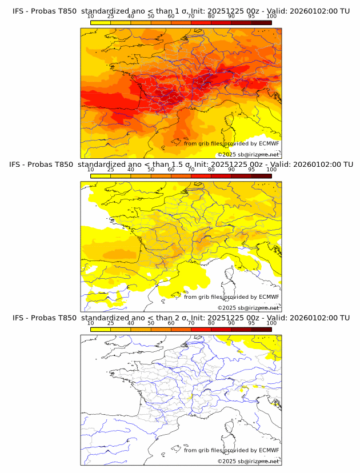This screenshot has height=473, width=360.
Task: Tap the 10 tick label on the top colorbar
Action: click(91, 17)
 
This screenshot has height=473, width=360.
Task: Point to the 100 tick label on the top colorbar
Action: click(271, 17)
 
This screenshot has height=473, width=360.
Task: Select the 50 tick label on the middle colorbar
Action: click(151, 170)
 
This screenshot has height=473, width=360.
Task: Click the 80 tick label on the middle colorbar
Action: click(211, 170)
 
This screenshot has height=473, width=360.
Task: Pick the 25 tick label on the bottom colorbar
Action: click(111, 323)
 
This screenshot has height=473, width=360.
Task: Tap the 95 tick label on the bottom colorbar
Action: click(251, 323)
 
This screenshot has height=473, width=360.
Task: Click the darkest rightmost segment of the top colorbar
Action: click(261, 22)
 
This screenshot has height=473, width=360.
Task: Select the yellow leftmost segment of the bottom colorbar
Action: click(101, 329)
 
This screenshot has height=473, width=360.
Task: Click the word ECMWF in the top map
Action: click(269, 143)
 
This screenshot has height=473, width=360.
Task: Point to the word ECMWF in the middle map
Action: click(269, 296)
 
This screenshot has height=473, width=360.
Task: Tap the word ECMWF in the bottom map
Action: click(269, 450)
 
